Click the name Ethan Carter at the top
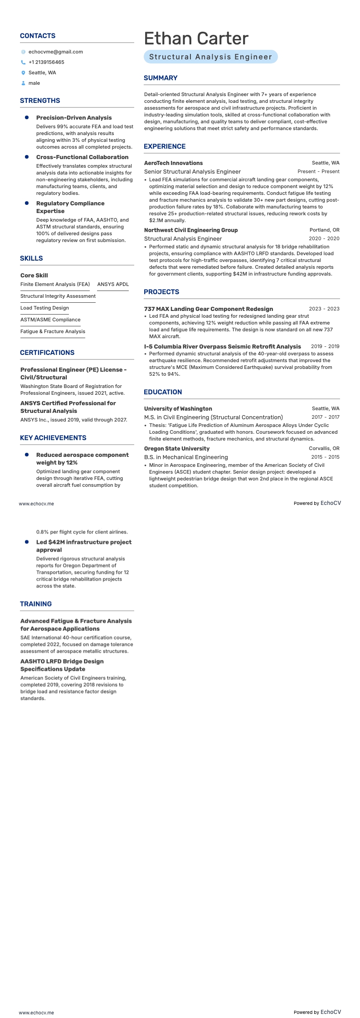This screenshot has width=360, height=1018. [196, 39]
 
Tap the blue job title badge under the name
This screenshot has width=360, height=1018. [210, 57]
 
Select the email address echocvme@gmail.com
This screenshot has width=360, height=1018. [55, 52]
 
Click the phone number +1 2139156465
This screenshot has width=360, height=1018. [46, 62]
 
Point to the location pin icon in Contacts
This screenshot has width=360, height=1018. [23, 73]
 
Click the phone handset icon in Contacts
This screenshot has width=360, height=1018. [23, 62]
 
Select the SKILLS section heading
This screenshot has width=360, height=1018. [31, 258]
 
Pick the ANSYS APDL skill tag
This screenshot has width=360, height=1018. [113, 284]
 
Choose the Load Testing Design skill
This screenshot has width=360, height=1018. [44, 308]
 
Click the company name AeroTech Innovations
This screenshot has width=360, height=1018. [173, 163]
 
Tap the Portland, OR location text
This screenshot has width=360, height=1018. [324, 230]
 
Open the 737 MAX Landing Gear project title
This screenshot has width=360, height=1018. [209, 309]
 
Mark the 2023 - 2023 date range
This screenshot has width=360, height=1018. [324, 309]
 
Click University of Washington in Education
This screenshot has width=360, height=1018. [178, 408]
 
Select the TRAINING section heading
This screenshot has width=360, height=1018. [36, 604]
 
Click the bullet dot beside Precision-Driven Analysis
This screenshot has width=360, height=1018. [27, 117]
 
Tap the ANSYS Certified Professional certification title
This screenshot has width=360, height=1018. [68, 407]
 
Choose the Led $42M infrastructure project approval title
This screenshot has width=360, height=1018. [84, 546]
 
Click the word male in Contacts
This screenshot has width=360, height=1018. [34, 83]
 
